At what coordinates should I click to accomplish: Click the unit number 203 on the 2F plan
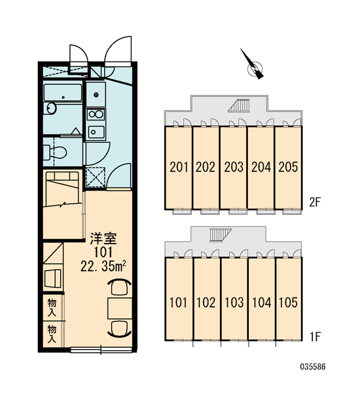click(234, 167)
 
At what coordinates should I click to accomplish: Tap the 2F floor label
click(315, 202)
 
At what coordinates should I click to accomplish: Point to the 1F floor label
click(315, 337)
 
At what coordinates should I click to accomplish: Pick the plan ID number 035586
click(313, 367)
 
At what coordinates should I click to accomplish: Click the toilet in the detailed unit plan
click(55, 152)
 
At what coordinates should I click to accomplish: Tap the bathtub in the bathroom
click(63, 92)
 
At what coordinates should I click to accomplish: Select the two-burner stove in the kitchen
click(96, 114)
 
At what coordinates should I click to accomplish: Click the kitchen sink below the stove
click(96, 132)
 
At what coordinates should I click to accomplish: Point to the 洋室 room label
click(103, 238)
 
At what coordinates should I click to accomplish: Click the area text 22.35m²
click(103, 266)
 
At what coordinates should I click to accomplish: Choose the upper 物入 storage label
click(52, 307)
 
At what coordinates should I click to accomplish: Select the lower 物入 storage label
click(52, 334)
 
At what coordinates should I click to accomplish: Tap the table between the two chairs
click(120, 309)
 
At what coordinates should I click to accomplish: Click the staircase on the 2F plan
click(240, 105)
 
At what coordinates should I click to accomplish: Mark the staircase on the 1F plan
click(221, 235)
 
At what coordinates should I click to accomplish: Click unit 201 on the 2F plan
click(179, 167)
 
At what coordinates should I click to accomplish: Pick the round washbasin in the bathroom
click(51, 108)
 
